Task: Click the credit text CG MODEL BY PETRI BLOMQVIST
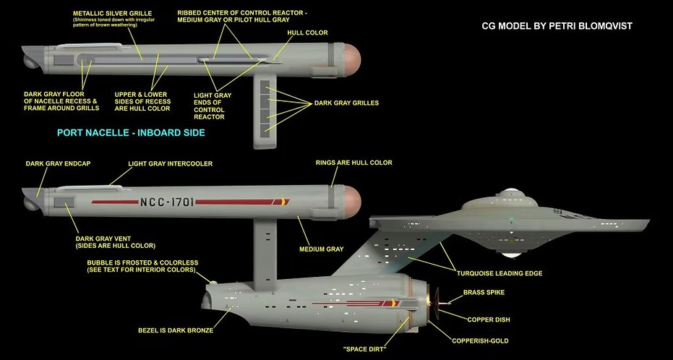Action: click(x=561, y=26)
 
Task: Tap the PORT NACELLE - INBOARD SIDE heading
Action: click(x=131, y=133)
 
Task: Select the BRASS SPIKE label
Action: click(x=484, y=293)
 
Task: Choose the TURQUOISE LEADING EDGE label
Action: click(x=499, y=273)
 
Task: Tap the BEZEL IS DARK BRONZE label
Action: click(x=176, y=330)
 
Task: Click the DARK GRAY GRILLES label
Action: click(x=346, y=103)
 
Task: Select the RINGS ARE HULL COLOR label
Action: click(x=353, y=163)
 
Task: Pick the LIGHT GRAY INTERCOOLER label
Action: click(x=170, y=164)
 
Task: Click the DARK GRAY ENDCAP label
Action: click(x=54, y=163)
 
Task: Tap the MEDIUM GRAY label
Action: click(x=321, y=249)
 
